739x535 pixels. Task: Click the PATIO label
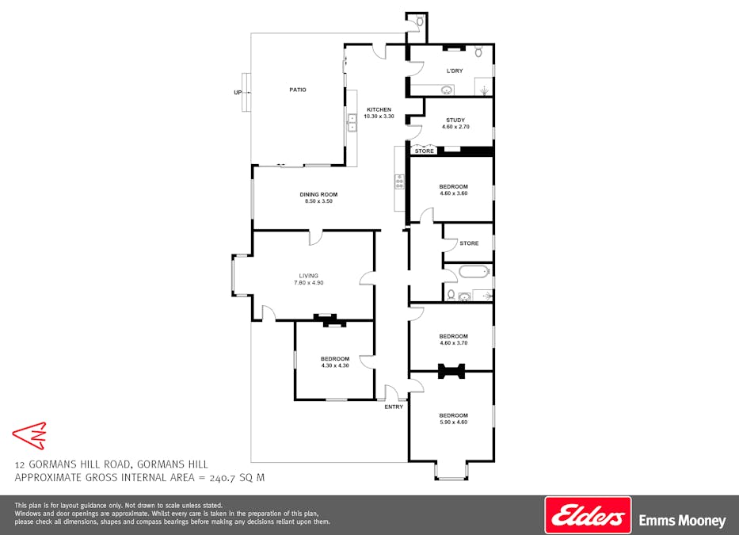pos(297,90)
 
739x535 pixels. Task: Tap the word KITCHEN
pos(378,109)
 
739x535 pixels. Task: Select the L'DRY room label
pos(454,71)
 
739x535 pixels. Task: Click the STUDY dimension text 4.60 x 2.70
pos(455,127)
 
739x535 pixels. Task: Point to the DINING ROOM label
pos(318,194)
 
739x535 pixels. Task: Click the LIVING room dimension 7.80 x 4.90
pos(308,283)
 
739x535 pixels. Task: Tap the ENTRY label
pos(394,407)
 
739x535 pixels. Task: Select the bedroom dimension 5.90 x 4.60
pos(453,422)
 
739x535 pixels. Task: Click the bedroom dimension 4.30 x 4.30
pos(334,365)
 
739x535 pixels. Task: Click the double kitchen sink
pos(352,123)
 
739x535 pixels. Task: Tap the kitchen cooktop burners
pos(399,182)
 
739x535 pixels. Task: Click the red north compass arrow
pos(29,435)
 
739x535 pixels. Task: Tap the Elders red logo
pos(588,516)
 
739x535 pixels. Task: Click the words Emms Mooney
pos(682,521)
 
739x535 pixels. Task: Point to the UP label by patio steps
pos(237,93)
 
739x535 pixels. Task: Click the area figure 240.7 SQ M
pos(235,478)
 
